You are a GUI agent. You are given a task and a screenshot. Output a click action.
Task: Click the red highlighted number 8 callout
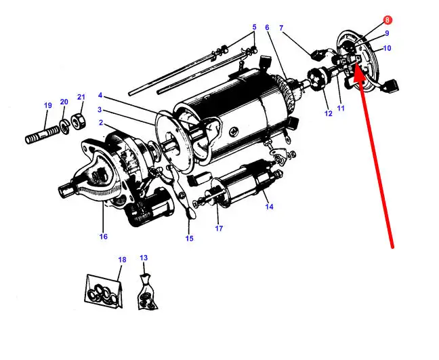(388, 20)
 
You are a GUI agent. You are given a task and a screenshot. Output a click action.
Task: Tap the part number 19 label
(48, 105)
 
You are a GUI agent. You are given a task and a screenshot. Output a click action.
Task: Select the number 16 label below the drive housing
(103, 237)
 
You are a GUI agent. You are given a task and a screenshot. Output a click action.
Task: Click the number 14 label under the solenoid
(269, 207)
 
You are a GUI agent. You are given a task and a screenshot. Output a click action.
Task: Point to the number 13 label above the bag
(144, 258)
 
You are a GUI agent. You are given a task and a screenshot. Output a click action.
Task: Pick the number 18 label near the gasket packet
(122, 260)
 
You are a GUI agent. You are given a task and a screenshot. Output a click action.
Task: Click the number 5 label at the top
(254, 27)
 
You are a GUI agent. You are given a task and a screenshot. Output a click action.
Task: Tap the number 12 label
(328, 113)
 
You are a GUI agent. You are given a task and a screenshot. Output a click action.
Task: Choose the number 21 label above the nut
(81, 97)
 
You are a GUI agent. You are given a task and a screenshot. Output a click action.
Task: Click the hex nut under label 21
(78, 121)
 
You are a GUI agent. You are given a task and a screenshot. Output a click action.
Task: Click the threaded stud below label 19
(43, 135)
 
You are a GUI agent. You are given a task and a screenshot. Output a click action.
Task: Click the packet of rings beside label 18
(104, 292)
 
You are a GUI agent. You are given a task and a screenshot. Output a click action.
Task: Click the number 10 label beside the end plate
(387, 48)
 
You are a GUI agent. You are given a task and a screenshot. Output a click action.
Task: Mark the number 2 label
(101, 123)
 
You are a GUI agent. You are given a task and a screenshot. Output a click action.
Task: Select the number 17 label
(219, 228)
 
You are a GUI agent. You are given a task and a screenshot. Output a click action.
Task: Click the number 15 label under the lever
(189, 238)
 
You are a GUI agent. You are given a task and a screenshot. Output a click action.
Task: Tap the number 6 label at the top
(267, 27)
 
